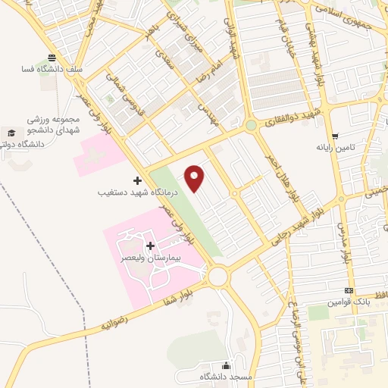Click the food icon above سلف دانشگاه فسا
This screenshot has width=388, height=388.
pos(51,58)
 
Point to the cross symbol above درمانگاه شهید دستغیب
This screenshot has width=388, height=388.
pos(137,180)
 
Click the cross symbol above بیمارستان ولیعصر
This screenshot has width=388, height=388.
pos(150,246)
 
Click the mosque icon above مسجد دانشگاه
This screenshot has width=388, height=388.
pos(226,365)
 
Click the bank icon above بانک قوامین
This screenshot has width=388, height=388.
pos(349,291)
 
